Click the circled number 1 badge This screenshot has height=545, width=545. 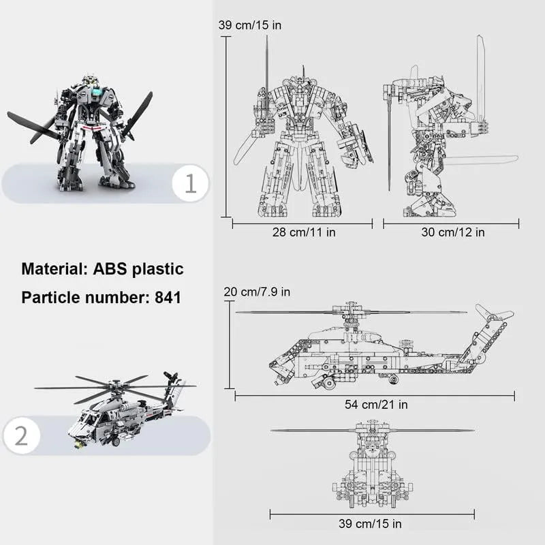tap(190, 183)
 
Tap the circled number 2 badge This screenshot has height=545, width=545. tap(22, 435)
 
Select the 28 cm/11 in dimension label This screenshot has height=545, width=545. tap(304, 232)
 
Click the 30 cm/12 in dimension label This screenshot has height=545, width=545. tap(453, 232)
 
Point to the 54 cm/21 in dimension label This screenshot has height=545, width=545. tap(376, 405)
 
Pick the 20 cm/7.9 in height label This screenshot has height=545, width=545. tap(257, 292)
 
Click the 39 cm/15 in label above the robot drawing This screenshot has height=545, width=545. tap(250, 25)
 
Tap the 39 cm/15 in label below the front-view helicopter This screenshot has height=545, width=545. tap(370, 523)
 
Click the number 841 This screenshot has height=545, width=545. tap(168, 298)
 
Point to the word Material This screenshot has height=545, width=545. tap(54, 268)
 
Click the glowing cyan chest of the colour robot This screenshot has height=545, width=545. tap(97, 91)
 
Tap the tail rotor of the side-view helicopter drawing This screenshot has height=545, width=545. tap(493, 315)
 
